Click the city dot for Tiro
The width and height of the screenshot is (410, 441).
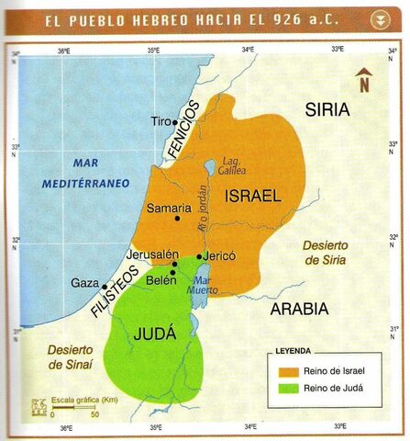coord(174,121)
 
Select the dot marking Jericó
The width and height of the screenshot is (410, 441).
coord(199,256)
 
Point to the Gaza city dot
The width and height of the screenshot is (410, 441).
coord(105,286)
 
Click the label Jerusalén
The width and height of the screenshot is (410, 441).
coord(151,254)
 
